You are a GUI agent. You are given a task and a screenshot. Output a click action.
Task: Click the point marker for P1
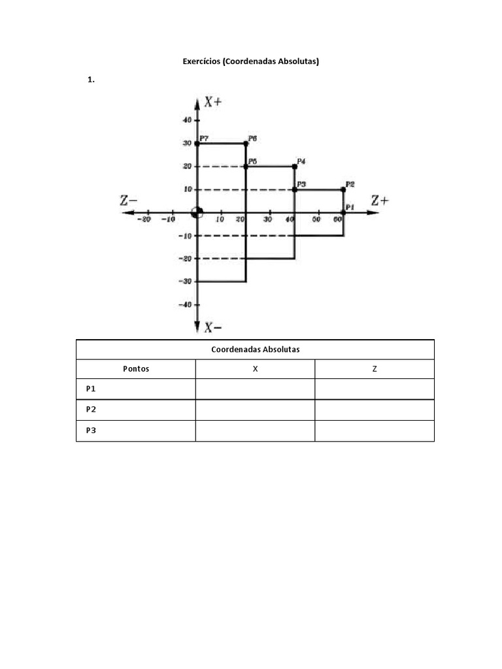(x=344, y=212)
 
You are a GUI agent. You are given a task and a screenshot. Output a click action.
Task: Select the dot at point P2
(x=344, y=189)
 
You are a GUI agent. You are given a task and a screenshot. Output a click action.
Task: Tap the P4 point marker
(x=295, y=167)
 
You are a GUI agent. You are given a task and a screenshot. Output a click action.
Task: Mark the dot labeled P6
(x=246, y=143)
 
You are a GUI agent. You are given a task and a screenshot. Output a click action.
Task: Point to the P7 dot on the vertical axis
(x=197, y=143)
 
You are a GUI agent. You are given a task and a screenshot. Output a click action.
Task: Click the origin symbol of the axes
(x=197, y=212)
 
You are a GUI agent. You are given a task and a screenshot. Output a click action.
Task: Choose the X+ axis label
(x=213, y=102)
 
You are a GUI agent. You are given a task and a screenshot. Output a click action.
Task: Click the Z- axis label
(x=129, y=200)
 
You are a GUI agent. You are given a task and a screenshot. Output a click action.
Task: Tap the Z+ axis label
(x=380, y=200)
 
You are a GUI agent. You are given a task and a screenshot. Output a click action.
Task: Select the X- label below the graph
(x=212, y=327)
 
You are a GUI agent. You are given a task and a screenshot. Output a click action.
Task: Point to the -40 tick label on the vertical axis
(x=185, y=304)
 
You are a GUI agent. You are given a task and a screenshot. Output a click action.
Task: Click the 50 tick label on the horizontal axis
(x=316, y=220)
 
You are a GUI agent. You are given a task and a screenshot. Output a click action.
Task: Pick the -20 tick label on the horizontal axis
(x=144, y=220)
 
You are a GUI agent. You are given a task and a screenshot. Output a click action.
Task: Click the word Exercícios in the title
(x=201, y=61)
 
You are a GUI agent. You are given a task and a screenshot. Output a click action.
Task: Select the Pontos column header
(x=136, y=368)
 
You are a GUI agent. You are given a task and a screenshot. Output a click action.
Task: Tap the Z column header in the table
(x=375, y=368)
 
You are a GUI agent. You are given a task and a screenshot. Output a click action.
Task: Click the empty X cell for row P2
(x=256, y=410)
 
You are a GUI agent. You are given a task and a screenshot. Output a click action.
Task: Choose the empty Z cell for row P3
(x=375, y=431)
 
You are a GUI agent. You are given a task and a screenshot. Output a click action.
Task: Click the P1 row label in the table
(x=91, y=389)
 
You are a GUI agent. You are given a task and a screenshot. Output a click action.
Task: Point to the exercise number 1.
(x=91, y=79)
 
